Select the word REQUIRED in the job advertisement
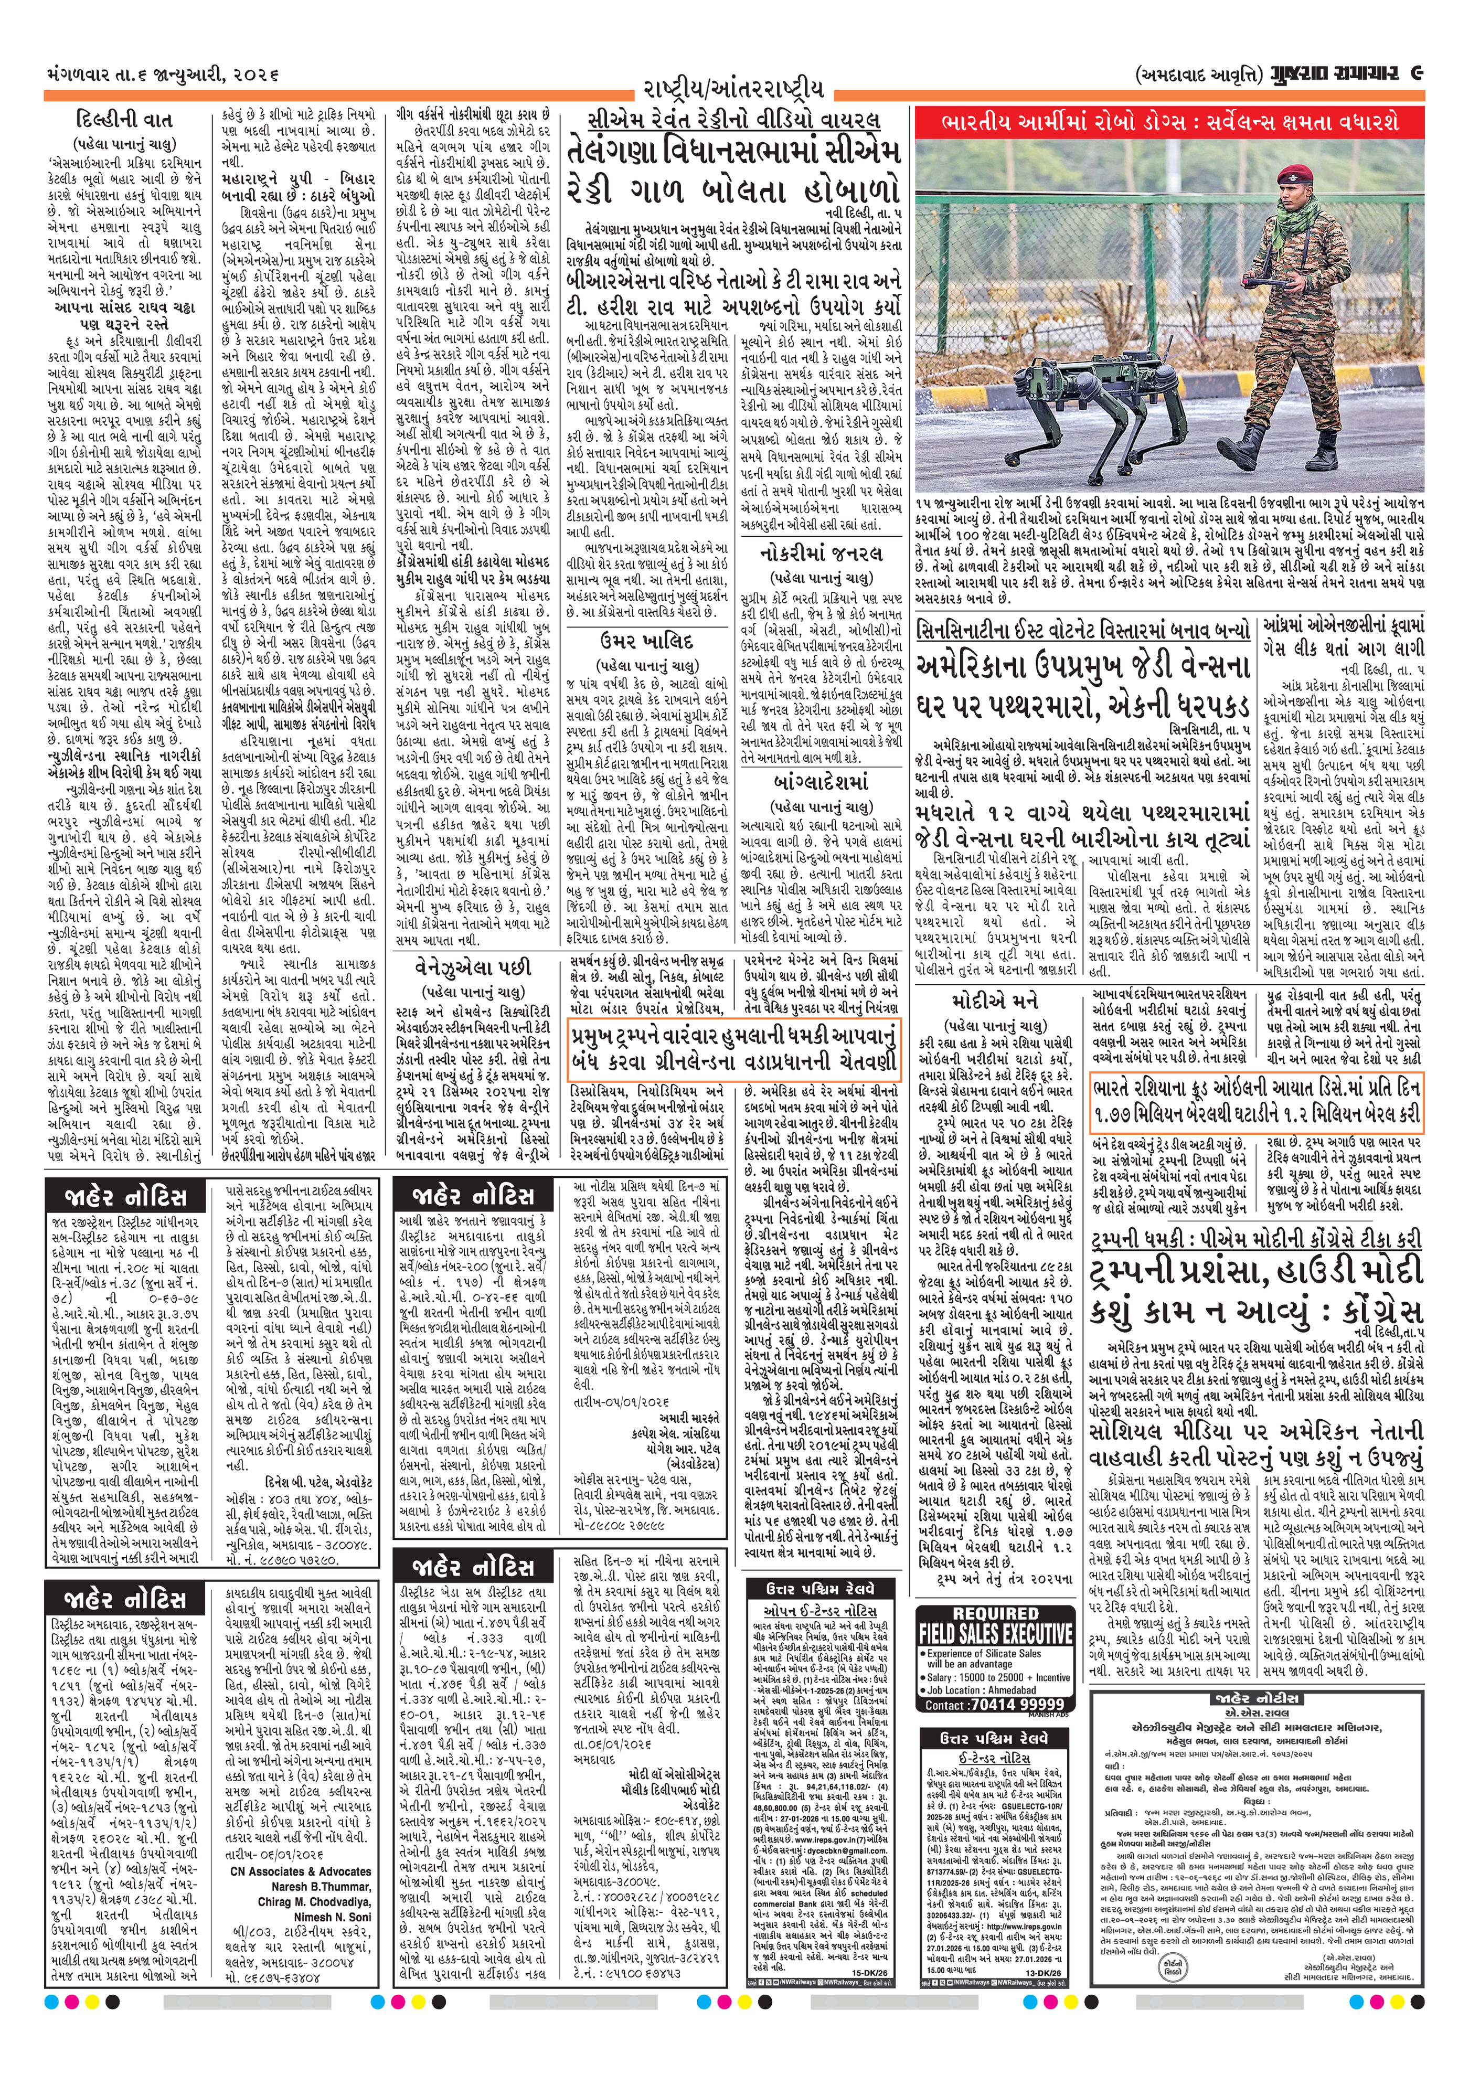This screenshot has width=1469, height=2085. coord(995,1613)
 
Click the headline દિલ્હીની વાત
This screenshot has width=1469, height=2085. coord(124,120)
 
